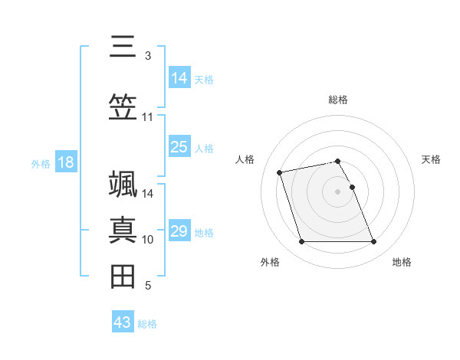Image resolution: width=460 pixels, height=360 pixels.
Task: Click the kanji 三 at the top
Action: point(123,47)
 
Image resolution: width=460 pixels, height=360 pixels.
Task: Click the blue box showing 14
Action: point(179,78)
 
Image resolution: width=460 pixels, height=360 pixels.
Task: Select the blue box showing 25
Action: point(179,147)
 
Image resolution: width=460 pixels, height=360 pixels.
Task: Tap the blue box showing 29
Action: point(179,231)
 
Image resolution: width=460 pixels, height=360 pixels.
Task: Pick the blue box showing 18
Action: point(66,162)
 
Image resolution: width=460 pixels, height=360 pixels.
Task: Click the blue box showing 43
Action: point(123,322)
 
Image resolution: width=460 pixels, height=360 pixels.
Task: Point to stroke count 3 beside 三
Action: point(147,56)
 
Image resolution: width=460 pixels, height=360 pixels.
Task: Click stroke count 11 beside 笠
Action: point(147,117)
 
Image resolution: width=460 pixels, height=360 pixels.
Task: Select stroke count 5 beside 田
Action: point(147,286)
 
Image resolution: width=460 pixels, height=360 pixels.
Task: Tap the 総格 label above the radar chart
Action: point(338,100)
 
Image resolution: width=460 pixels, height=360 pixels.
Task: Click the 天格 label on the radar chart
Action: point(431,159)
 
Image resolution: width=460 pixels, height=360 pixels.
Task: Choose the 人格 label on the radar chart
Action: point(245,159)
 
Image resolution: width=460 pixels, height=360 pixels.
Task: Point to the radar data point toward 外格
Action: point(301,242)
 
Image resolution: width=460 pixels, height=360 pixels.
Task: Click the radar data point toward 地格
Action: point(374,242)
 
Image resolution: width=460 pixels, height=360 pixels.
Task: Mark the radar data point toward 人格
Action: point(280,172)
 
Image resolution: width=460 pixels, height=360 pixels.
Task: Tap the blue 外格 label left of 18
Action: point(41,163)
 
